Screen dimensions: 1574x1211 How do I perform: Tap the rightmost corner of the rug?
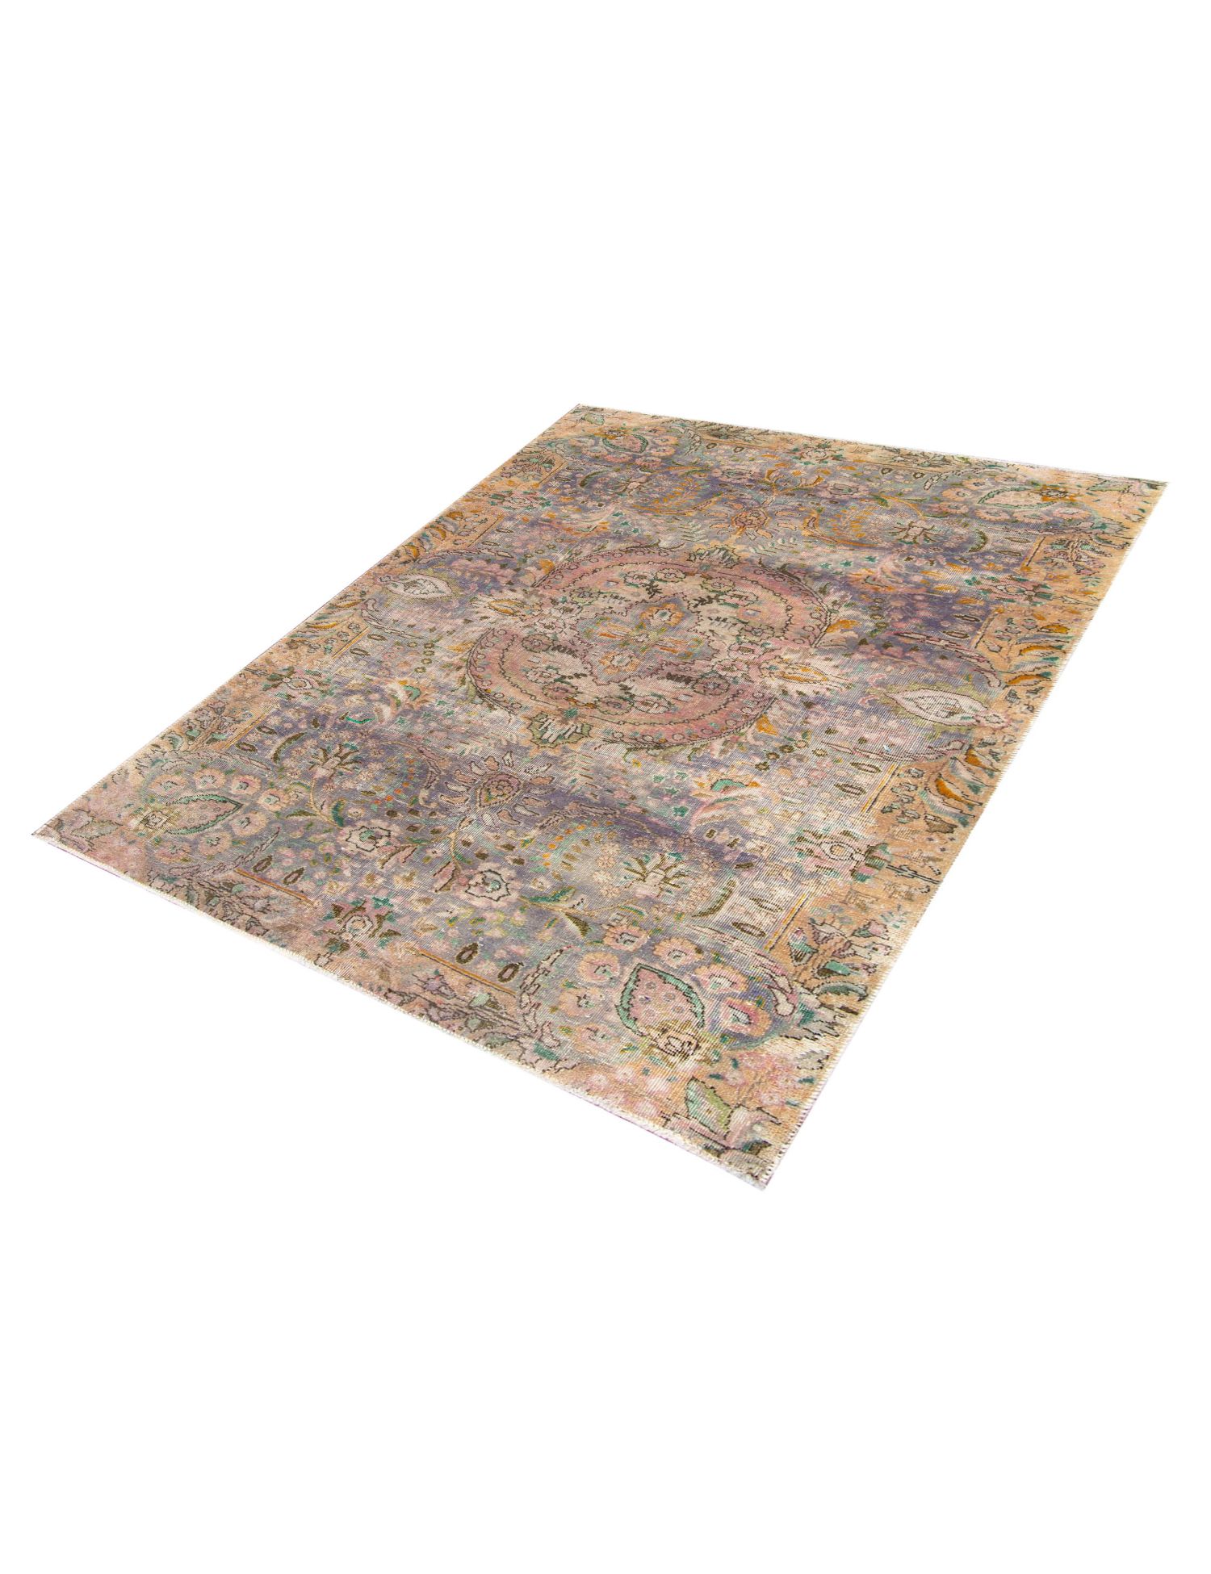[x=1165, y=482]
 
